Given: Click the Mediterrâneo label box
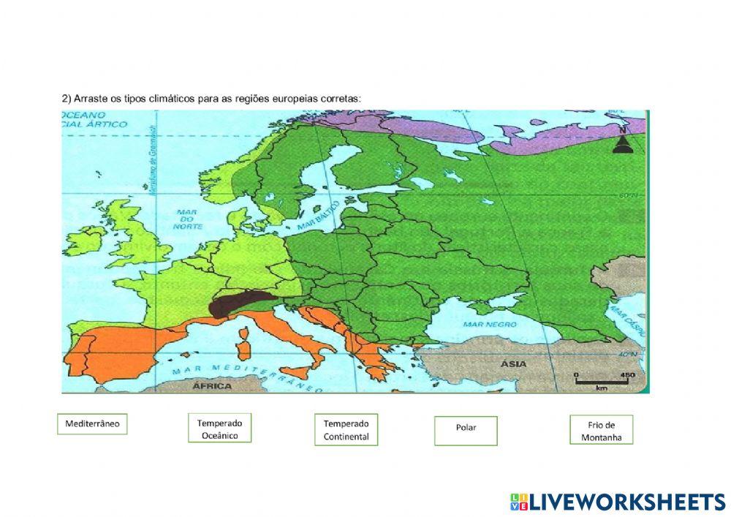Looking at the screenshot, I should (x=92, y=424).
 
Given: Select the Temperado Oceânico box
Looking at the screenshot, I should (x=219, y=429).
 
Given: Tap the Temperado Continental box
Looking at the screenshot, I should (x=346, y=430).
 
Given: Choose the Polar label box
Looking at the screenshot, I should (x=466, y=430).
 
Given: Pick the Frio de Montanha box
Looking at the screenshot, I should (x=601, y=431).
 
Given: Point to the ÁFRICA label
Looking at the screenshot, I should (x=212, y=385).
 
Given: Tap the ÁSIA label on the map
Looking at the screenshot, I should (x=514, y=363).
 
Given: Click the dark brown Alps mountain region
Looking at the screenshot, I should (x=238, y=302).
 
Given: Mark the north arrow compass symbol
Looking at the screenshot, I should (x=622, y=143).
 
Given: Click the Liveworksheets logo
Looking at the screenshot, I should (x=618, y=502).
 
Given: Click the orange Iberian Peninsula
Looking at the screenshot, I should (x=117, y=351).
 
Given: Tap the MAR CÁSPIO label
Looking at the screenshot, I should (x=628, y=320).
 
